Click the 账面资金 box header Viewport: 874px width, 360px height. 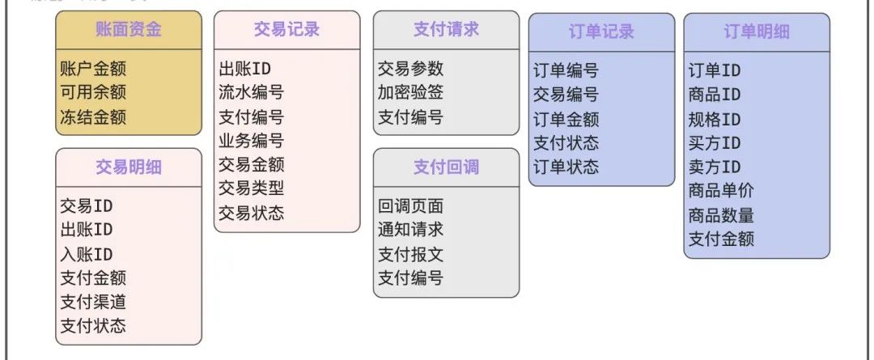pos(129,30)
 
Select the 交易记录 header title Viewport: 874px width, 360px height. pos(286,29)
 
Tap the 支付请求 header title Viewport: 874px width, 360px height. pos(446,29)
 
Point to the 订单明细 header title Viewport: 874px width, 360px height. pos(757,32)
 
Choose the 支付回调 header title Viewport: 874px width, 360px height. pos(446,167)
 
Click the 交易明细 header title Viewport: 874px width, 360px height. pos(129,167)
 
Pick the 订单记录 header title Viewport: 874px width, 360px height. pos(601,32)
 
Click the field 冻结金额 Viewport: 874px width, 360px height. pos(93,116)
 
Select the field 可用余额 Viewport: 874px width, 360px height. pos(93,93)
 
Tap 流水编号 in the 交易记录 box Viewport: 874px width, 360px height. pos(252,93)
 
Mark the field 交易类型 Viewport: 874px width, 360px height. pos(252,188)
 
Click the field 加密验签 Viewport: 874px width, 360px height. pos(410,93)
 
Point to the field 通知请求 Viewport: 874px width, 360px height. pos(410,230)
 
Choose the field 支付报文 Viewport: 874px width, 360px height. pos(410,254)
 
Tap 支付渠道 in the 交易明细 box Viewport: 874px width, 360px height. pos(93,302)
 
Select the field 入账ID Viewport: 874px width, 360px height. pos(87,254)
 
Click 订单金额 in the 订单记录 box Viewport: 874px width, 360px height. pos(566,119)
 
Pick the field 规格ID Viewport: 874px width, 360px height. pos(715,119)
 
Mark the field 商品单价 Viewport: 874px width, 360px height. pos(721,191)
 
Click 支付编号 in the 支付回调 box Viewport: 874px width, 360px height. pos(410,278)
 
